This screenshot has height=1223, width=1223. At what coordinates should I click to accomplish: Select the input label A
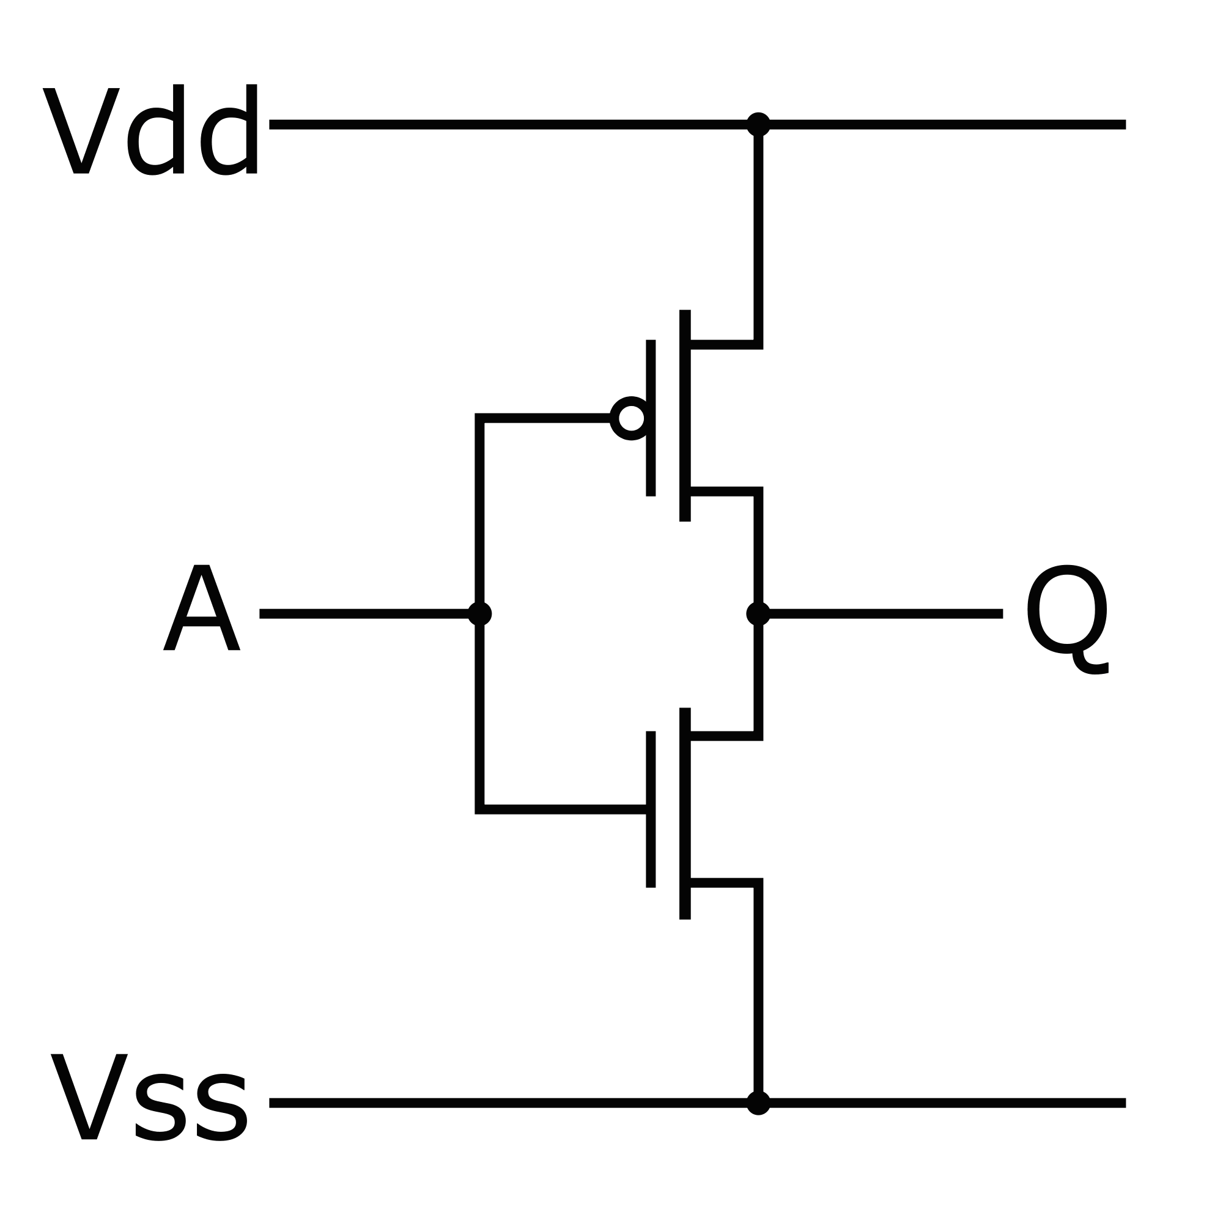201,608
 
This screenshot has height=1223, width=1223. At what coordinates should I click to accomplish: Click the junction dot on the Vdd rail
758,124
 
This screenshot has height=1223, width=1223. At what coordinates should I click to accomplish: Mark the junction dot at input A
480,613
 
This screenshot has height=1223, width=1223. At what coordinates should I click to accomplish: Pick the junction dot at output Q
758,613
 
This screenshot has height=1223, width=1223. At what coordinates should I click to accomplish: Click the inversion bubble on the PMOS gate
630,418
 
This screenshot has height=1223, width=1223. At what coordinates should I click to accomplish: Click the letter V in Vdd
81,130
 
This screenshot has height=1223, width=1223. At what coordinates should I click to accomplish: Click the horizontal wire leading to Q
886,613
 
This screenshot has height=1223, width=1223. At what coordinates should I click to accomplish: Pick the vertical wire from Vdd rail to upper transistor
758,234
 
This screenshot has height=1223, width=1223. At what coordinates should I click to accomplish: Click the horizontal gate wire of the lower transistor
563,809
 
